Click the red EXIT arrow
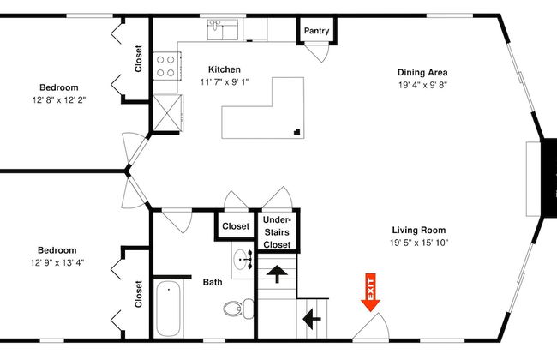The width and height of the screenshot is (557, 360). [x=370, y=292]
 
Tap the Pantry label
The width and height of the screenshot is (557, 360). [x=316, y=31]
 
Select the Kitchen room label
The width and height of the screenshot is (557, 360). [x=225, y=69]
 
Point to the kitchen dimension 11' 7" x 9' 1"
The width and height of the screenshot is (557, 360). [x=225, y=82]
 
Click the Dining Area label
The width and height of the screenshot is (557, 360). [x=422, y=73]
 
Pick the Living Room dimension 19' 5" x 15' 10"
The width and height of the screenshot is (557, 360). [x=419, y=243]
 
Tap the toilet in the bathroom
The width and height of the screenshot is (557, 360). [x=238, y=308]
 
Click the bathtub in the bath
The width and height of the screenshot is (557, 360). [x=168, y=308]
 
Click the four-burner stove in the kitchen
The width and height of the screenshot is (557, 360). [x=166, y=66]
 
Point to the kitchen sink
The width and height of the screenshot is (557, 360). [x=223, y=29]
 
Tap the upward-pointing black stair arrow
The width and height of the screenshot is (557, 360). [x=277, y=273]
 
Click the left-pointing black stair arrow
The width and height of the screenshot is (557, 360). [x=312, y=319]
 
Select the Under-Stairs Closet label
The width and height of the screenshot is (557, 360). [x=277, y=232]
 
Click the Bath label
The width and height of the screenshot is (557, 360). [x=213, y=282]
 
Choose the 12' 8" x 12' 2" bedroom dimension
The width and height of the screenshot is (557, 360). [x=59, y=100]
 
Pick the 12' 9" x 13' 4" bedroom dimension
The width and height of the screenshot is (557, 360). [x=57, y=262]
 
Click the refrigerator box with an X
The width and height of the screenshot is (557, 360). [x=168, y=112]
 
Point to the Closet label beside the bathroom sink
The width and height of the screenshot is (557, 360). [x=236, y=226]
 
